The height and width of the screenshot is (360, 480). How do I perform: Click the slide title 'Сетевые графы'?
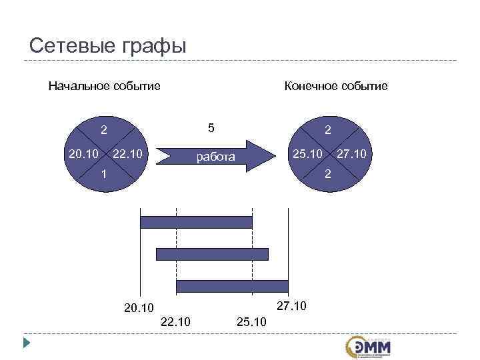click(109, 46)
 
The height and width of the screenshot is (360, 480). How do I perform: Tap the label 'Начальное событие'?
click(104, 86)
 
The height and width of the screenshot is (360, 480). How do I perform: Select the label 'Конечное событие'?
click(335, 86)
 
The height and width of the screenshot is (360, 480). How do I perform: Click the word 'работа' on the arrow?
click(215, 157)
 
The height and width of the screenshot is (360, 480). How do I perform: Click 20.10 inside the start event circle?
click(83, 155)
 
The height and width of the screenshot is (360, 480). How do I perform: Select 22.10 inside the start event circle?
click(129, 155)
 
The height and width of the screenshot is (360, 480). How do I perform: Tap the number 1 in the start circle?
click(105, 174)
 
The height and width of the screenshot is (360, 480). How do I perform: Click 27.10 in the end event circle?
click(351, 155)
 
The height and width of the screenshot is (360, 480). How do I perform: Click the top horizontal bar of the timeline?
click(196, 223)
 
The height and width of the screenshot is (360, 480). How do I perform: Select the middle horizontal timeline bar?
click(212, 254)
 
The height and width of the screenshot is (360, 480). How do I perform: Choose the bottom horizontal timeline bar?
click(232, 285)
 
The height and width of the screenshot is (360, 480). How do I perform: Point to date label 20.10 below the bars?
click(139, 308)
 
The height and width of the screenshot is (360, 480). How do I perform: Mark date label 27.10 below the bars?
click(291, 306)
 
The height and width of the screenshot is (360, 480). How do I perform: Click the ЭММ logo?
click(369, 347)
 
